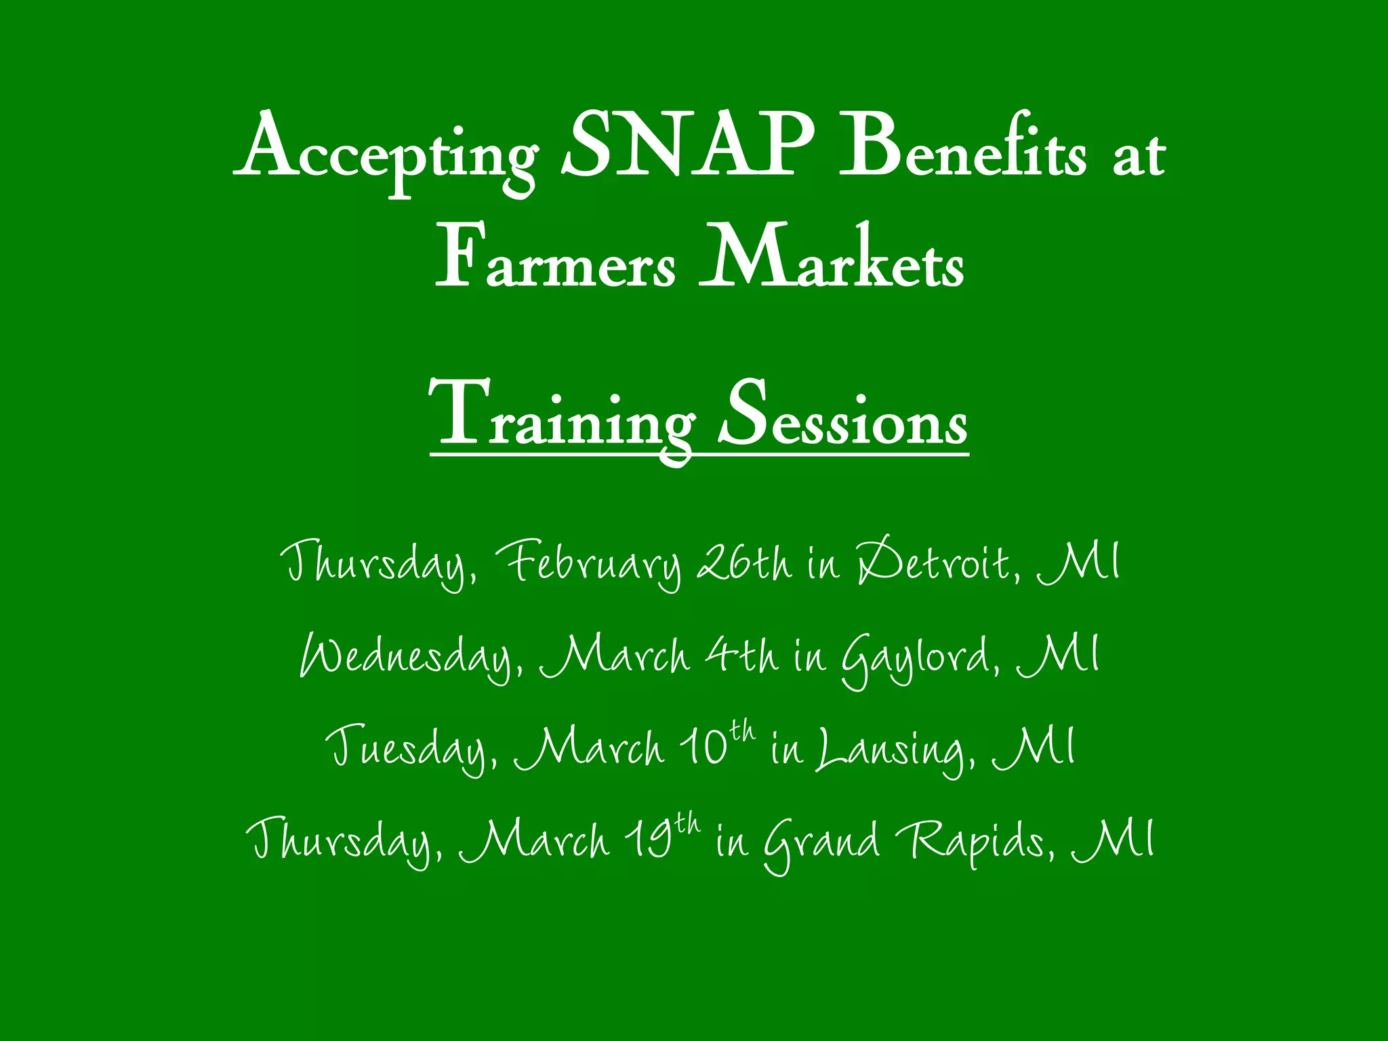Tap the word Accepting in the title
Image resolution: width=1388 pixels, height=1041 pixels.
point(386,152)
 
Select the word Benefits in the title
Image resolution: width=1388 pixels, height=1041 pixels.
point(962,146)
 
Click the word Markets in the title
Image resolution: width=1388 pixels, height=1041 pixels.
point(831,258)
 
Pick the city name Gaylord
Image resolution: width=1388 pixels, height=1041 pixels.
point(918,657)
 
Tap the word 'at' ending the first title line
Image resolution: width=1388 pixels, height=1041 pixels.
point(1139,156)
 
